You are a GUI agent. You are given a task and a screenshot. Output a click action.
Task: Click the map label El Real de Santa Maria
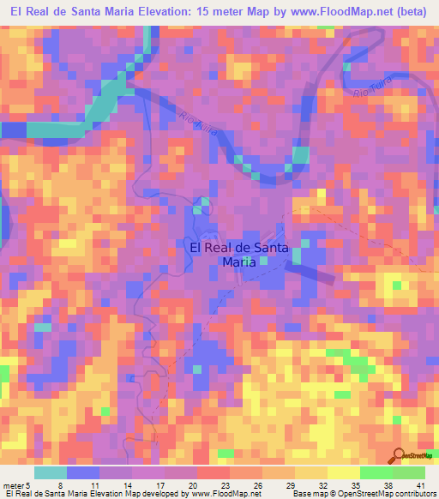point(238,255)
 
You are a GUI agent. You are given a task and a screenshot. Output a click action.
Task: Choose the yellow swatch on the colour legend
point(343,472)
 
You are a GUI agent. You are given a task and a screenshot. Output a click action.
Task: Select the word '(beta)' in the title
point(413,13)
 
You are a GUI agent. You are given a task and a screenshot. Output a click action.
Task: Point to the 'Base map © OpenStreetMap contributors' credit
point(363,493)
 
